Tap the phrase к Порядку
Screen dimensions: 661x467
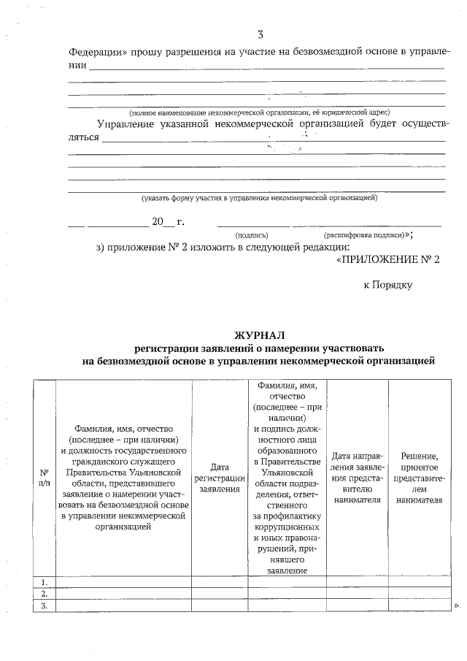(x=388, y=284)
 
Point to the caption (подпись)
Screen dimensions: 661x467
(x=251, y=235)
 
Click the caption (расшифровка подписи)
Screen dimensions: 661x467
(x=363, y=235)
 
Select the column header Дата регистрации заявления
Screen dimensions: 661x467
(x=220, y=477)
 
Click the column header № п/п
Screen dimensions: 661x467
(x=45, y=477)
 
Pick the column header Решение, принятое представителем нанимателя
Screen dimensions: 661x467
(x=419, y=478)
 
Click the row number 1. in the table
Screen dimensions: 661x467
(x=45, y=582)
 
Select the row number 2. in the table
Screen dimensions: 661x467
(x=45, y=594)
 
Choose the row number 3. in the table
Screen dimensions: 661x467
(x=45, y=605)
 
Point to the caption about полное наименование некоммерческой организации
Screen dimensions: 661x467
(x=259, y=112)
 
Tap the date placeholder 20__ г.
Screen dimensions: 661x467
(x=168, y=222)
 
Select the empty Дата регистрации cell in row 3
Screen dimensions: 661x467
(x=220, y=605)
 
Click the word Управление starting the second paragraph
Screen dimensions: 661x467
(x=128, y=124)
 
